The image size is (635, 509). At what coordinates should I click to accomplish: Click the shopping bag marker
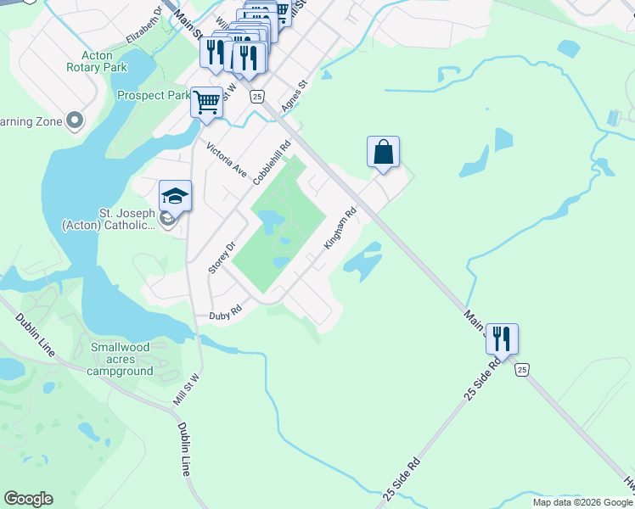[x=383, y=153]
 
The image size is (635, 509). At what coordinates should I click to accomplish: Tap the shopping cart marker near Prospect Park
[x=206, y=103]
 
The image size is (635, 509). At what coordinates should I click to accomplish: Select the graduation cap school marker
[x=175, y=197]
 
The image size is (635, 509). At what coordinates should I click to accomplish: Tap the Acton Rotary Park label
[x=97, y=61]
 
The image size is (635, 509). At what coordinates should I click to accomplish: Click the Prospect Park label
[x=154, y=95]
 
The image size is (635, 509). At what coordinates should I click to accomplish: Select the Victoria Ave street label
[x=226, y=158]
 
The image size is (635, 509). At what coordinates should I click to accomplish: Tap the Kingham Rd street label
[x=339, y=229]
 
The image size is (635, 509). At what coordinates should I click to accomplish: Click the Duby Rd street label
[x=226, y=314]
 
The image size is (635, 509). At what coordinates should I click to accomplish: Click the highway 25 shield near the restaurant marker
[x=521, y=369]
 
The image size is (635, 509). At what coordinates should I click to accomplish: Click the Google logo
[x=28, y=499]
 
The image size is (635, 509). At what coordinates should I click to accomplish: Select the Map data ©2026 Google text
[x=582, y=502]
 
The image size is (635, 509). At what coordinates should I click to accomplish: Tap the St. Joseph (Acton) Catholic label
[x=108, y=219]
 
